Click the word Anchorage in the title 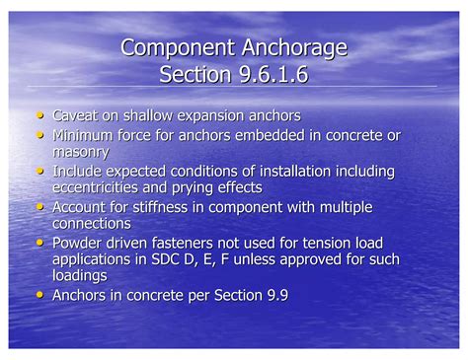click(x=295, y=48)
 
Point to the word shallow click(x=160, y=115)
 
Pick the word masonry click(x=81, y=152)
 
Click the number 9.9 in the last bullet click(x=273, y=295)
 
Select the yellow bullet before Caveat click(x=39, y=114)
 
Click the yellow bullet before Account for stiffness click(x=39, y=206)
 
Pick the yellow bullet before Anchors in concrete click(x=39, y=294)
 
